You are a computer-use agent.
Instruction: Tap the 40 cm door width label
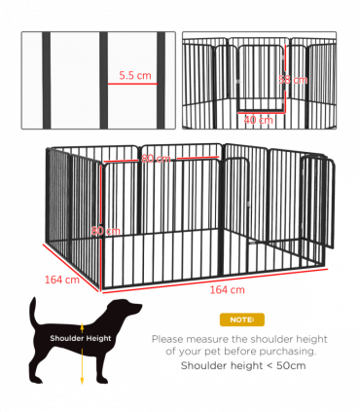(x=257, y=120)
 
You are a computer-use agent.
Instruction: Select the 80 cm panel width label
(x=155, y=159)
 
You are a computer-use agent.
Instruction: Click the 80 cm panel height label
(x=105, y=231)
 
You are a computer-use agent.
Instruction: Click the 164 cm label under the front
(x=226, y=289)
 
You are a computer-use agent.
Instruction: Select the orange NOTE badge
(x=240, y=319)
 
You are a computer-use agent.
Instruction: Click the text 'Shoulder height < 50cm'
(x=240, y=365)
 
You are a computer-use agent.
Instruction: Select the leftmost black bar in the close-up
(x=43, y=80)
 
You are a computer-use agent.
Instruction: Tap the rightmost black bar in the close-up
(x=159, y=80)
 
